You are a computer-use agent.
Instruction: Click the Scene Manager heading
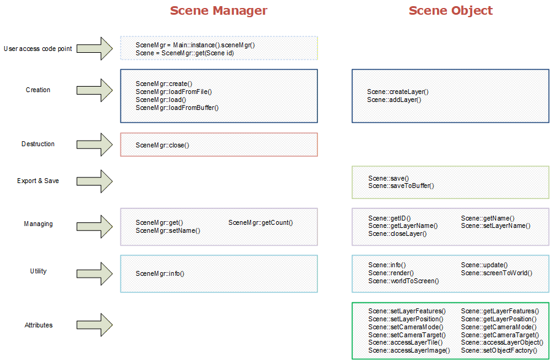coord(219,10)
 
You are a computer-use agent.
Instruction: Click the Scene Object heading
coord(451,10)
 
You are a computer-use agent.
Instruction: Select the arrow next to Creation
coord(95,90)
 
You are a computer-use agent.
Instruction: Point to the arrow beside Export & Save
coord(95,181)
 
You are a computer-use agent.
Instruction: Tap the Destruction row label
coord(38,144)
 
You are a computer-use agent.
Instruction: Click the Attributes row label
coord(39,325)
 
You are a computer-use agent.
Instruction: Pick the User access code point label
coord(38,49)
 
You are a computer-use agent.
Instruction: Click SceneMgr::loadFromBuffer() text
coord(177,108)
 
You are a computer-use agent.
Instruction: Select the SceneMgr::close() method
coord(163,145)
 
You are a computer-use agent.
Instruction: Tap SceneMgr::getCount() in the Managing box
coord(261,222)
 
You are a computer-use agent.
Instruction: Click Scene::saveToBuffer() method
coord(401,186)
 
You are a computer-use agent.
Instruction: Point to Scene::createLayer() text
coord(398,92)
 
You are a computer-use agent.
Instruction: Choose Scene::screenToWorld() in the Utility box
coord(497,273)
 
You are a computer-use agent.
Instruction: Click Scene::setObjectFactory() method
coord(499,350)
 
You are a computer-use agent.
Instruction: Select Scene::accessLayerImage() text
coord(409,350)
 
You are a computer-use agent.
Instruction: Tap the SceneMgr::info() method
coord(160,273)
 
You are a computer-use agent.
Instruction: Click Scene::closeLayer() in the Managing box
coord(397,233)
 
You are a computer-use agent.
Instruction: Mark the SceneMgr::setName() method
coord(168,230)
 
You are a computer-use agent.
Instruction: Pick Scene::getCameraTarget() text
coord(500,335)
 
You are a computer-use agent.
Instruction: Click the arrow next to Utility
coord(95,273)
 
